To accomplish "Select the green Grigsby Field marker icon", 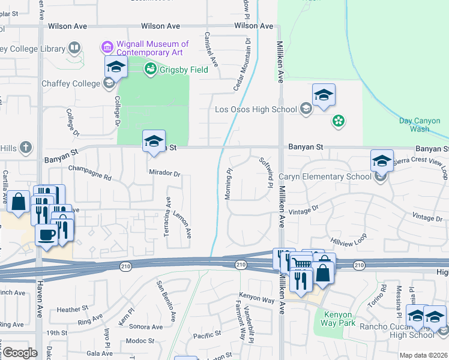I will click(x=150, y=69).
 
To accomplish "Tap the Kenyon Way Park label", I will click(x=341, y=319).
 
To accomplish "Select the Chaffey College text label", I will click(x=69, y=83).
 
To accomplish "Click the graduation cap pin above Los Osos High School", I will click(x=324, y=95).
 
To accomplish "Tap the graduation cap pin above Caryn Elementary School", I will click(x=381, y=160).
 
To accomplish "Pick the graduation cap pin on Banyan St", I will click(x=154, y=141).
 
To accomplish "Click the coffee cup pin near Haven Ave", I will click(x=47, y=235).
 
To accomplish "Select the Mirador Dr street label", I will click(x=164, y=173).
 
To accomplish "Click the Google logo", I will click(x=20, y=353).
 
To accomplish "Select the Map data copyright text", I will click(x=423, y=355).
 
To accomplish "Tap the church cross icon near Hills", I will click(x=25, y=147).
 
